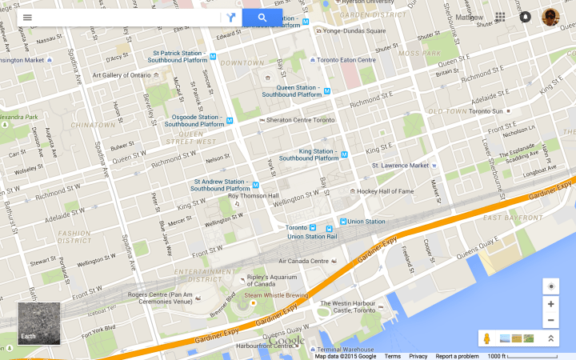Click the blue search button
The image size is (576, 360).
[x=262, y=18]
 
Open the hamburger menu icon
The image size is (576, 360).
[x=27, y=18]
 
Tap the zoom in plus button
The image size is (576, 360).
[x=550, y=304]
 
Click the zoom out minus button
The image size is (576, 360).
[x=550, y=320]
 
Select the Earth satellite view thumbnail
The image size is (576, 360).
[x=39, y=323]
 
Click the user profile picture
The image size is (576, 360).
[x=550, y=17]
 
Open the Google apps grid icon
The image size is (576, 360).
[x=500, y=17]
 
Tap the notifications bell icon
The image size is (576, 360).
[x=525, y=17]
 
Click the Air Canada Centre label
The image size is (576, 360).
[x=303, y=261]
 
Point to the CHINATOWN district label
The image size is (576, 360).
[x=94, y=126]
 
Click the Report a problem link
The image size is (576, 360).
[x=457, y=356]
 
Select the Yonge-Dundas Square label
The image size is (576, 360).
[x=353, y=31]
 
